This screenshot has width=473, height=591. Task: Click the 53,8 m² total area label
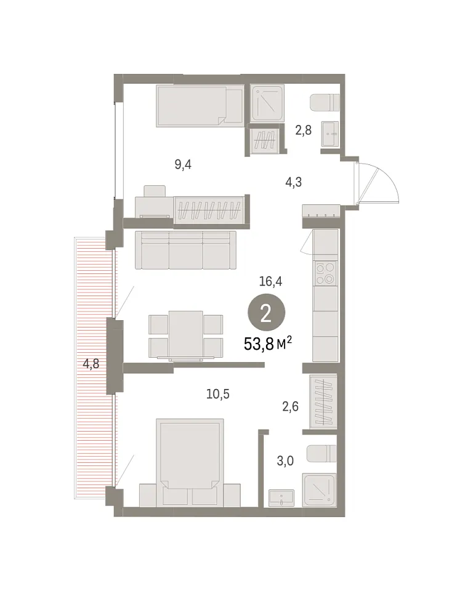(268, 344)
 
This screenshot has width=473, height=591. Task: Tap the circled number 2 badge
(266, 313)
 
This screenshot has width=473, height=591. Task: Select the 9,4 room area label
(183, 165)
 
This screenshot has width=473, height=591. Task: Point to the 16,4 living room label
(270, 281)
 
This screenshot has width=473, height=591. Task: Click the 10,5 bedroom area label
(217, 394)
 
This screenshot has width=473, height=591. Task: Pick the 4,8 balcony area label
(91, 364)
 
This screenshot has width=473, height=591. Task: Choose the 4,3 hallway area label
(293, 182)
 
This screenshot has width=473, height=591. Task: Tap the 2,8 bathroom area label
(303, 131)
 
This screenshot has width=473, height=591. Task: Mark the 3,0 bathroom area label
(285, 460)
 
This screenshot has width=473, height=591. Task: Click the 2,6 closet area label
(291, 406)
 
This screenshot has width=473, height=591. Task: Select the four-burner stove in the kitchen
(325, 273)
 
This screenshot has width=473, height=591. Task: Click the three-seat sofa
(185, 250)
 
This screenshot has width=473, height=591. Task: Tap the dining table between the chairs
(185, 334)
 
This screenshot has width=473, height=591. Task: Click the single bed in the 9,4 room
(200, 105)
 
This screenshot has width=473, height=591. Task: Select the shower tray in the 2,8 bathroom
(267, 103)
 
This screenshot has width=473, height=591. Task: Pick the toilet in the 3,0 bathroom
(321, 454)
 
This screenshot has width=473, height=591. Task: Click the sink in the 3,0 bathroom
(281, 498)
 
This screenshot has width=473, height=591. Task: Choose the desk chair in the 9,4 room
(155, 191)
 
